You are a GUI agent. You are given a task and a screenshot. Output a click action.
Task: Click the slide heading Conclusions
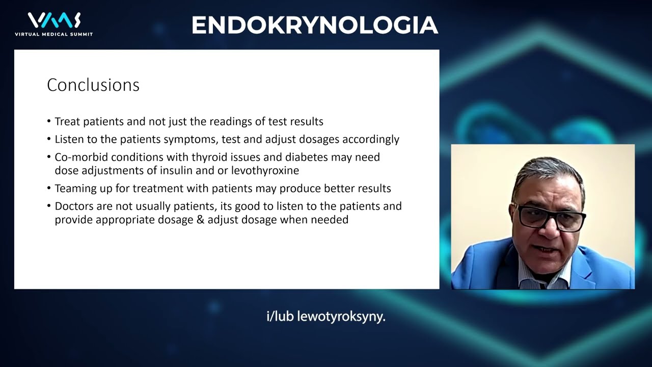(93, 85)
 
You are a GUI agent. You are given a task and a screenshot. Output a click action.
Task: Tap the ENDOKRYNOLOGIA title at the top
(315, 25)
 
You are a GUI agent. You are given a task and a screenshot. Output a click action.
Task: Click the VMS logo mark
(54, 20)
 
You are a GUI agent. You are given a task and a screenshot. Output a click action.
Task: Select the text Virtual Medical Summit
(54, 34)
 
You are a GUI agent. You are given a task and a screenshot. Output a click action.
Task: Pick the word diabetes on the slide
(307, 157)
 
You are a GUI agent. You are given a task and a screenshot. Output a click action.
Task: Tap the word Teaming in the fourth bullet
(75, 189)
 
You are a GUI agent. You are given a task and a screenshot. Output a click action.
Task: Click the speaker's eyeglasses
(549, 216)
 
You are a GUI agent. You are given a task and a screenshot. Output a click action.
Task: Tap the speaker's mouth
(542, 250)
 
